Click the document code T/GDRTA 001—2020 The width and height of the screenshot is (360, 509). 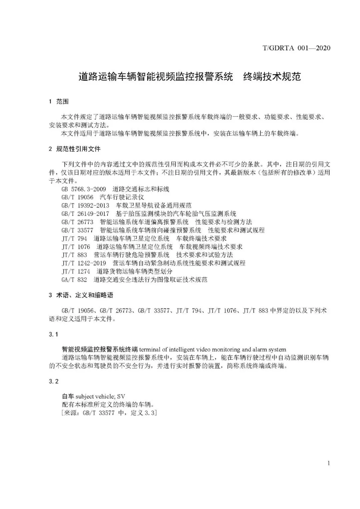click(x=296, y=48)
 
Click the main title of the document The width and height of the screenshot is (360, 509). click(x=190, y=77)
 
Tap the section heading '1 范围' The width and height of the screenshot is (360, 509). click(x=59, y=102)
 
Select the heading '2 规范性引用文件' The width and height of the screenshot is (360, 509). click(x=74, y=149)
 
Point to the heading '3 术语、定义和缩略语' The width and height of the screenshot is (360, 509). click(x=81, y=295)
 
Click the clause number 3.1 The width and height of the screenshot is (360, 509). click(x=53, y=334)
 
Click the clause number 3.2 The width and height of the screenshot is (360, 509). click(x=53, y=381)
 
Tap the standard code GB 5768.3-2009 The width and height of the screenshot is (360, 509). click(x=84, y=189)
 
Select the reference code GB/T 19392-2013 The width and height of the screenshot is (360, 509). click(x=85, y=206)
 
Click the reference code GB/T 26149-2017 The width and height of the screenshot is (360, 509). click(x=85, y=214)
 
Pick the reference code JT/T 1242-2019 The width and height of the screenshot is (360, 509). click(x=84, y=263)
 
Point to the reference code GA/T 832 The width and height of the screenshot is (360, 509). click(x=74, y=279)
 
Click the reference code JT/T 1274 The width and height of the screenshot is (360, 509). click(x=76, y=271)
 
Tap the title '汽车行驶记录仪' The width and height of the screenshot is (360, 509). click(x=122, y=198)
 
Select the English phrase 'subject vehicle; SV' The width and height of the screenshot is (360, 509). click(x=100, y=396)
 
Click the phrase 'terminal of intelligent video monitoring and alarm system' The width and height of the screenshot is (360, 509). click(x=212, y=349)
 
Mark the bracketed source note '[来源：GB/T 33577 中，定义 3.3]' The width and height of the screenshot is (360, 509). click(x=109, y=413)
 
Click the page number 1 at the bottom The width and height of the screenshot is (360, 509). click(x=329, y=463)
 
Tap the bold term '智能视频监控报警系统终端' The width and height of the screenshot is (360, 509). click(x=100, y=349)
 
